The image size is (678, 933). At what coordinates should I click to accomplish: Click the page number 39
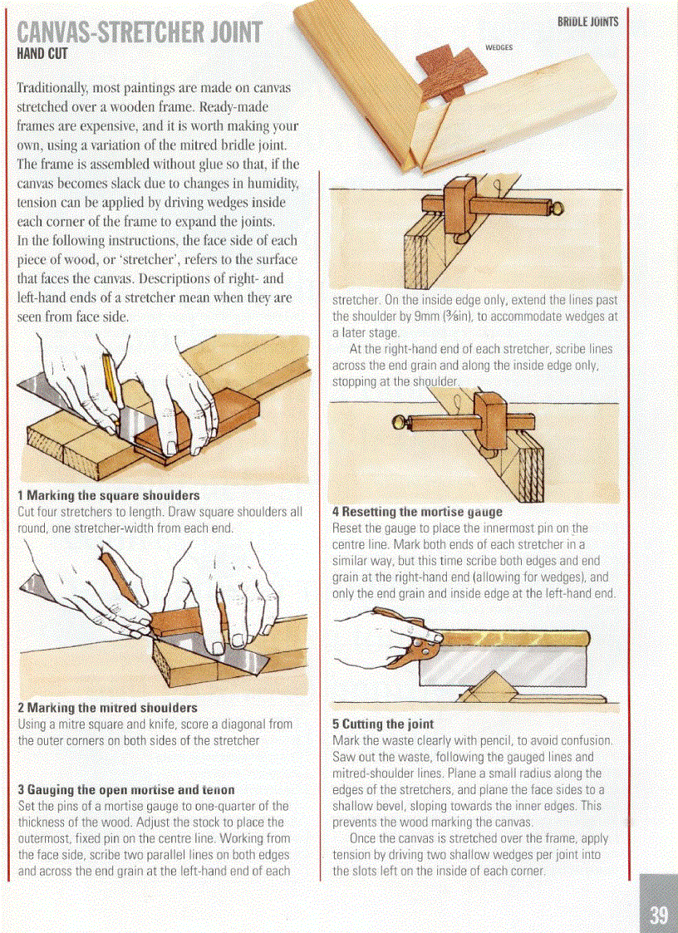click(658, 915)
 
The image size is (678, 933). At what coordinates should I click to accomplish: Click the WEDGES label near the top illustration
click(499, 48)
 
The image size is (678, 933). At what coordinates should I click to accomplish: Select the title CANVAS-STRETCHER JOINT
click(139, 33)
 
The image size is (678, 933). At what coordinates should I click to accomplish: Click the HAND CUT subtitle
click(42, 55)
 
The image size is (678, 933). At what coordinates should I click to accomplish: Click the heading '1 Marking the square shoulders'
click(109, 496)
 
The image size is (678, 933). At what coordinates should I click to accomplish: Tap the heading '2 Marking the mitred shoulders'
click(108, 708)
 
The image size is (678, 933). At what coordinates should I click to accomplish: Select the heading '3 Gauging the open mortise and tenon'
click(126, 789)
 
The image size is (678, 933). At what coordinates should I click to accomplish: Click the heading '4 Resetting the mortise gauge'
click(417, 512)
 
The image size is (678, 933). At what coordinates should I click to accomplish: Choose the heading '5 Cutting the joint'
click(383, 724)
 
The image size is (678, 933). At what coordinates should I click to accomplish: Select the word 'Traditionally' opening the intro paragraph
click(56, 87)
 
